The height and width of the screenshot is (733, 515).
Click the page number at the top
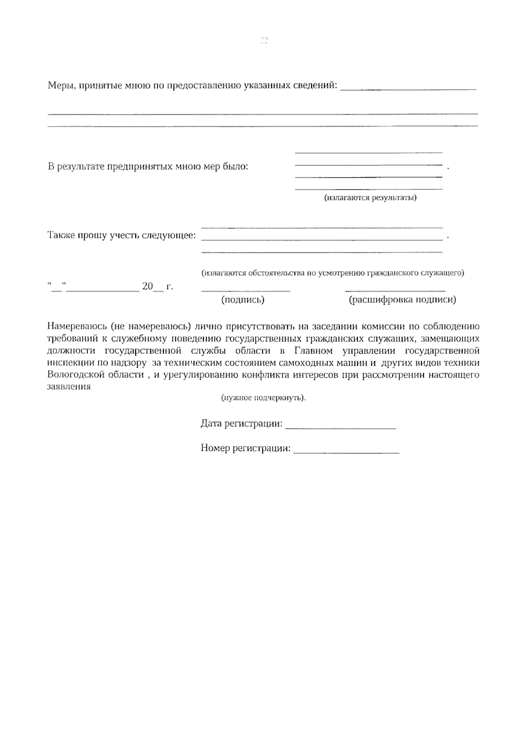[264, 41]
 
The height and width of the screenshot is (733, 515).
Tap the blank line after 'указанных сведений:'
[408, 88]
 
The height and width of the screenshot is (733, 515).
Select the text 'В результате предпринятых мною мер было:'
[148, 167]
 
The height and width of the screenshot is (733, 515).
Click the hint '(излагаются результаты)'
[370, 198]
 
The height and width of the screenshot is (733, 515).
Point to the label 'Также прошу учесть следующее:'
[121, 236]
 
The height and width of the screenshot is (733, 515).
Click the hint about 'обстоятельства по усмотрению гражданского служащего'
[333, 273]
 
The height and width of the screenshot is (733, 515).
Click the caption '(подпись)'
[242, 300]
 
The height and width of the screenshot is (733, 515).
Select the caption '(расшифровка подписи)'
[402, 300]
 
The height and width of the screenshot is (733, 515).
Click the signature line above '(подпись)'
[245, 290]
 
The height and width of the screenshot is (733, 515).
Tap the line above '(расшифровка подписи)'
[395, 290]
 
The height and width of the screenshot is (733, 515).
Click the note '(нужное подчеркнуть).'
[264, 398]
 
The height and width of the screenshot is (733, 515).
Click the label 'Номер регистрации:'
[245, 449]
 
